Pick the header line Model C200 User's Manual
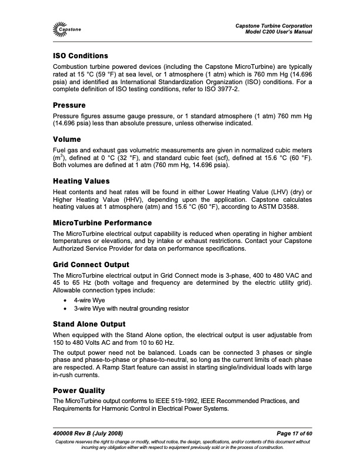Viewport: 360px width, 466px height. pos(278,31)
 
